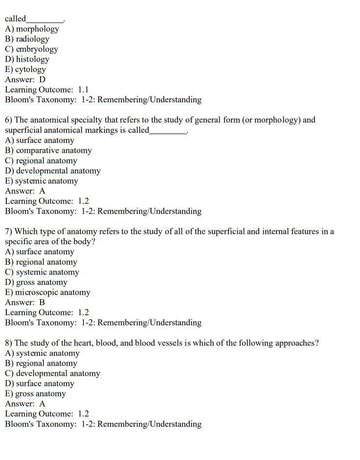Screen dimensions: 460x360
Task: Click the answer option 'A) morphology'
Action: pos(32,29)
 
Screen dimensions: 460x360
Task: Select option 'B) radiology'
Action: pos(27,39)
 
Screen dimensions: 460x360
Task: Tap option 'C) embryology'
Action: pos(31,49)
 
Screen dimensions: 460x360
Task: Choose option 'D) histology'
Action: pos(27,59)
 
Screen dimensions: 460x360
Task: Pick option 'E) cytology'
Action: pos(25,69)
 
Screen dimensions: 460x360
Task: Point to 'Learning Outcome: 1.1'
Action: pos(47,90)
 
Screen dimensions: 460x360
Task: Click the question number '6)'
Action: pos(9,120)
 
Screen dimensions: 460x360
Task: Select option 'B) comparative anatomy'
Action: pos(48,151)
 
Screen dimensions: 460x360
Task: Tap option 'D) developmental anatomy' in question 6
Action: pos(53,171)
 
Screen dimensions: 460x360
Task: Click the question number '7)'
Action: pos(9,231)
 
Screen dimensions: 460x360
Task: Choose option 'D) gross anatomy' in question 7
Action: pos(36,282)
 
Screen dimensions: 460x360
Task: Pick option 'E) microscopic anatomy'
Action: pos(47,292)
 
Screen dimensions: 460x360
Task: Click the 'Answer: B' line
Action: pos(25,302)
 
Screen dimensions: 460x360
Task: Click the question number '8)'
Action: pos(9,343)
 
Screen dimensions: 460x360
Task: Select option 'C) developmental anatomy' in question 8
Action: pos(52,373)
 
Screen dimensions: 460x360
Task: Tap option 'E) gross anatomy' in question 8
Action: pos(35,393)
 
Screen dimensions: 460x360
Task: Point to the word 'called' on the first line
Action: pos(15,19)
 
